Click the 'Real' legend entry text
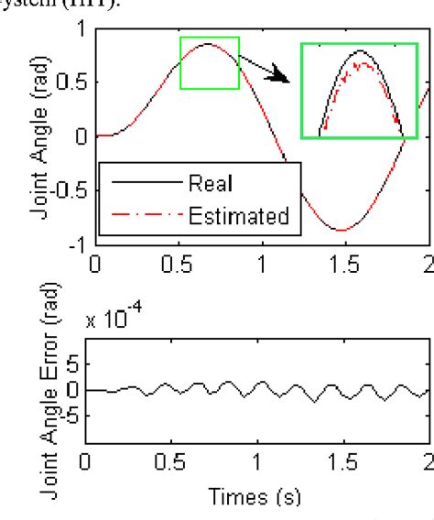coord(211,182)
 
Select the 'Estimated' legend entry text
coord(239,216)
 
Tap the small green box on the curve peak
coord(209,63)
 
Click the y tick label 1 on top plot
coord(78,30)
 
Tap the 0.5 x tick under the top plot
coord(178,265)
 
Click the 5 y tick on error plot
coord(73,364)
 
